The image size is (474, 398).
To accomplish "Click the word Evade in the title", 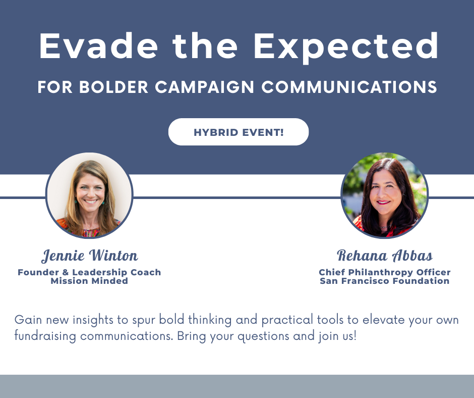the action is (98, 45).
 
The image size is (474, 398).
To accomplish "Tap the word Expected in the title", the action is (346, 47).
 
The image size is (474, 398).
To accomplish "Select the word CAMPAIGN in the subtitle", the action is (204, 87).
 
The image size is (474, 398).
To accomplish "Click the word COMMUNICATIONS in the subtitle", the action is (349, 87).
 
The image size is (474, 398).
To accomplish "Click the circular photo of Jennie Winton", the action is (89, 195).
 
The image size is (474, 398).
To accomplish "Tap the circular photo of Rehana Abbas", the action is (385, 195).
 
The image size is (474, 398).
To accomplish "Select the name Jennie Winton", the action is (89, 256).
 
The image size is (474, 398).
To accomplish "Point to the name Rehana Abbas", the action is (385, 256).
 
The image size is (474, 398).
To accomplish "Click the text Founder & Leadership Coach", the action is (89, 272).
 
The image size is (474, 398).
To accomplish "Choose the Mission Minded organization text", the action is (89, 281).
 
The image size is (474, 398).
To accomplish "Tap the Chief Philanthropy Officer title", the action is (385, 272).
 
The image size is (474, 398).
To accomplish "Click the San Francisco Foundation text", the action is (385, 281).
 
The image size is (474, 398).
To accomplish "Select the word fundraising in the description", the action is (45, 336).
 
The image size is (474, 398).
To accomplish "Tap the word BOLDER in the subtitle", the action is (113, 87).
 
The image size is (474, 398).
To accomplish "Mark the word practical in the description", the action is (287, 320).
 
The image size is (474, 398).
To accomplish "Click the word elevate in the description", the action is (383, 320).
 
